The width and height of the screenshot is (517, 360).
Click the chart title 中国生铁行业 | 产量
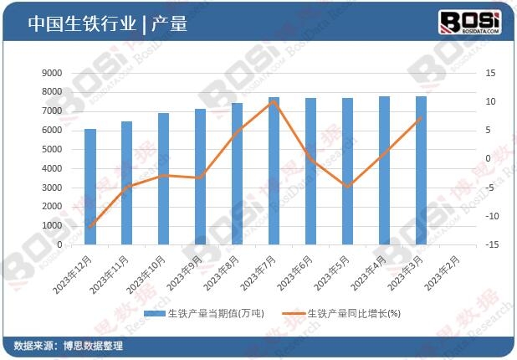pos(106,24)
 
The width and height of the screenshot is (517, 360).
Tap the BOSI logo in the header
pos(469,22)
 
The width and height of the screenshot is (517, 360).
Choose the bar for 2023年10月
pos(164,179)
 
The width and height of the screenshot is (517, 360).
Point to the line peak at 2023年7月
pos(274,101)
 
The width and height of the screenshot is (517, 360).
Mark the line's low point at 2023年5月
pos(347,186)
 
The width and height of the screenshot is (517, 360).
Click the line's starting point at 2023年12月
pos(90,226)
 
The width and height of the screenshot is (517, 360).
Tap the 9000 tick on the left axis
pos(52,73)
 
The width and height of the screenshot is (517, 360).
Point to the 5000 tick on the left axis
pos(52,149)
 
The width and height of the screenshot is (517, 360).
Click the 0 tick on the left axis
pos(59,244)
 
